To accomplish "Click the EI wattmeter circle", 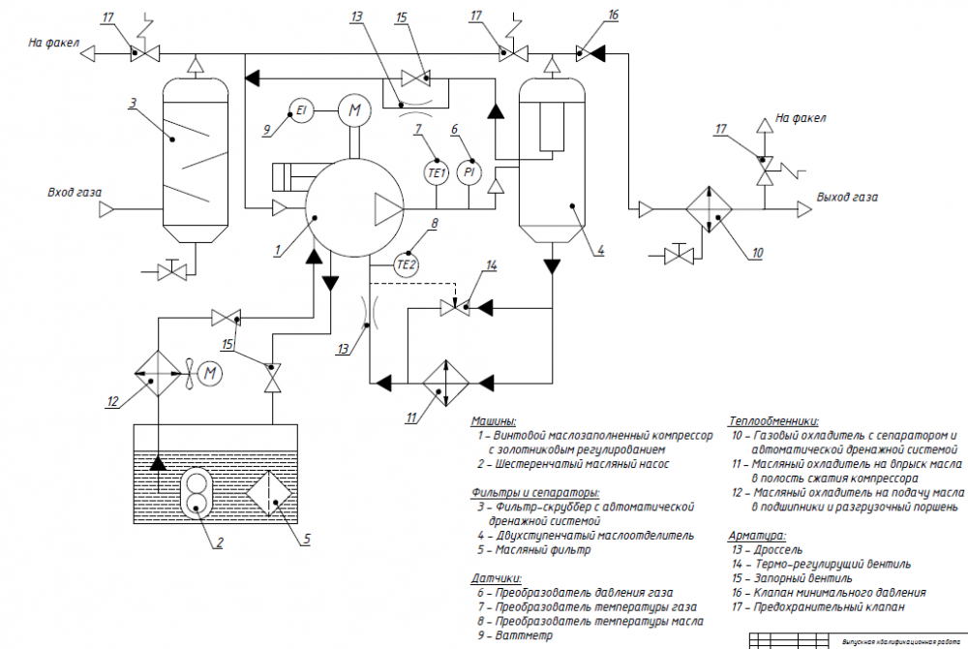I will (301, 111).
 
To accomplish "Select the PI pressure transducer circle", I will (469, 171).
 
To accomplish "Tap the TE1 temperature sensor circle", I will (436, 171).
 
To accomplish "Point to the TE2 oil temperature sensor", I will (408, 263).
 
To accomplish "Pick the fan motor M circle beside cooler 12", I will (210, 370).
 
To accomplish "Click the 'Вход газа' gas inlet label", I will (75, 192).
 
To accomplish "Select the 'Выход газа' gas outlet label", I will (848, 197).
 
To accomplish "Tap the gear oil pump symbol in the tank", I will (197, 491).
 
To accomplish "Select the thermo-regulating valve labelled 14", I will (455, 307).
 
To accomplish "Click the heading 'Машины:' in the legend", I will (494, 422).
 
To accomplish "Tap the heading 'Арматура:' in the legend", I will (757, 534).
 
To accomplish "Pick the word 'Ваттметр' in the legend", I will (524, 636).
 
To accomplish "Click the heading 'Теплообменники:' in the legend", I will (772, 422).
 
